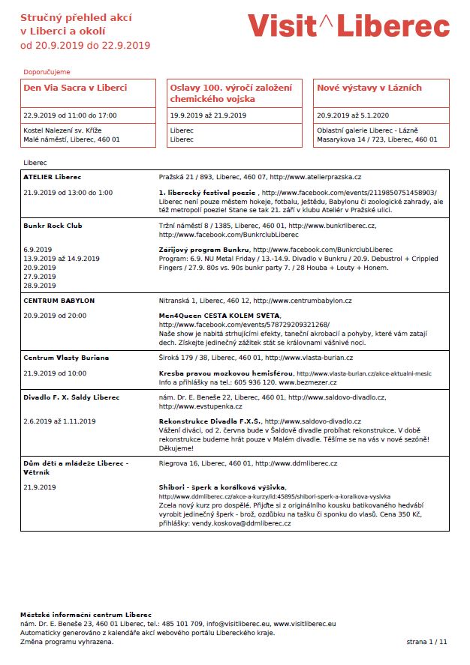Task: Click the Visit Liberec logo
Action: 348,26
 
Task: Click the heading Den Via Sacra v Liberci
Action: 75,88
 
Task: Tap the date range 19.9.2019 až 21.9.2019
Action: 208,115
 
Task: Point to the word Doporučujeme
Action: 47,71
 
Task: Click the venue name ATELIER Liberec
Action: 52,177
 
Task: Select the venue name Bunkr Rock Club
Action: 53,226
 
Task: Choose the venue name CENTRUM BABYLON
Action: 59,301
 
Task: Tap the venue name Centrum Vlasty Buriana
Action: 66,358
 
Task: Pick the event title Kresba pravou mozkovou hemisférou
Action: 225,373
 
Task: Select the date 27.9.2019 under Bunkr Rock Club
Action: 39,277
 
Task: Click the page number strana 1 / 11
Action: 426,643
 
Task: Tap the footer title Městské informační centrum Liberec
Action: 86,615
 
